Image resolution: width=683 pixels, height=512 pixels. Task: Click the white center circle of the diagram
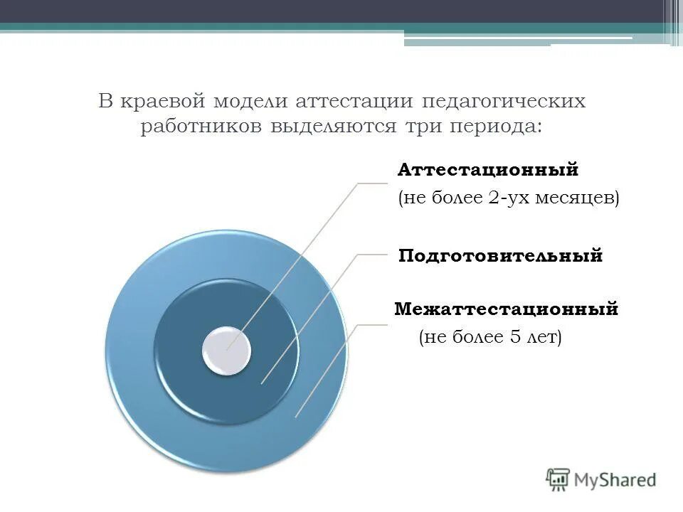click(x=226, y=351)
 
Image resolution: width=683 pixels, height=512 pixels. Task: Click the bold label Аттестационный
click(x=488, y=171)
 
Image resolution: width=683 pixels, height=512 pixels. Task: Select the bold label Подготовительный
click(x=500, y=255)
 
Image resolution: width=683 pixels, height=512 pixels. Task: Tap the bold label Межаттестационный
click(x=506, y=309)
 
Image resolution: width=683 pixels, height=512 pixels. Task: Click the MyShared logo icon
click(x=558, y=480)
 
